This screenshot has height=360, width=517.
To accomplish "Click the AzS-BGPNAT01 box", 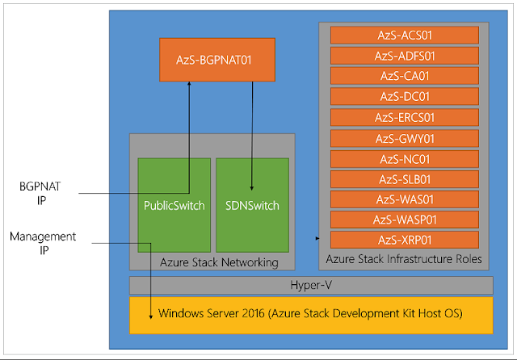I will [x=214, y=61].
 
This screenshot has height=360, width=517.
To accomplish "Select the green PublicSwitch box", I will [x=167, y=205].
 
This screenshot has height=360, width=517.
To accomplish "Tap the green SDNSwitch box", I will [x=251, y=205].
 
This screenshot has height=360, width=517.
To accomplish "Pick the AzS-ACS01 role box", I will [x=405, y=36].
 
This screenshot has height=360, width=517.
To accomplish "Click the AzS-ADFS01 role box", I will [x=405, y=56].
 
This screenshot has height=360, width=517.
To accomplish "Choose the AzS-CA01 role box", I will [x=405, y=77].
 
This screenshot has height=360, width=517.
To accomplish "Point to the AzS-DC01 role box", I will [x=405, y=97].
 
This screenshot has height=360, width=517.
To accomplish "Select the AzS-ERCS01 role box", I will [x=405, y=118].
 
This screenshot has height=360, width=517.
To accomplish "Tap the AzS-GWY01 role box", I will [x=405, y=138].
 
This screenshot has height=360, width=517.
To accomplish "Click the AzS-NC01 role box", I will [x=405, y=158].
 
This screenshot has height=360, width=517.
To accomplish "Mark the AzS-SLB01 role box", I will [x=405, y=178].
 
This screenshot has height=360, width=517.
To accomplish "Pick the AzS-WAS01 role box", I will [x=405, y=199].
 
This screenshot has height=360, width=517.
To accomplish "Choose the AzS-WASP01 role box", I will [x=405, y=220].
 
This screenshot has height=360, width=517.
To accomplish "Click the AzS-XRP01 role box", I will [x=405, y=240].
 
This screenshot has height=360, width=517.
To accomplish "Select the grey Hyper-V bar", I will [x=311, y=285].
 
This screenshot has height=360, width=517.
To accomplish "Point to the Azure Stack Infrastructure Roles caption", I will [x=405, y=259].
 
